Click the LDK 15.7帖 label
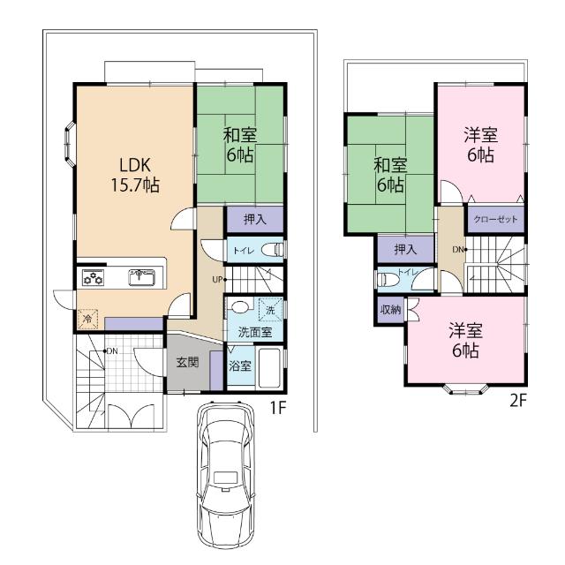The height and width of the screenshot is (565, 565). [135, 175]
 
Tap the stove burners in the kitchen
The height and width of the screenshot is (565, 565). [94, 278]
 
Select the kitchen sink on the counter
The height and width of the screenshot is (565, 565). [141, 277]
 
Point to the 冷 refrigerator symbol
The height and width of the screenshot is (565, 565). [88, 319]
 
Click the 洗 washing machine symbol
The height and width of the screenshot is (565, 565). [271, 310]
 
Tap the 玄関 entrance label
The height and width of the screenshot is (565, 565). [187, 362]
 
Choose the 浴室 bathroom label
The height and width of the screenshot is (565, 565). [240, 366]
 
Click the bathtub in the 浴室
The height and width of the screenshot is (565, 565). [269, 367]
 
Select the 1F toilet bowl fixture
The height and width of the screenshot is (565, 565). [272, 250]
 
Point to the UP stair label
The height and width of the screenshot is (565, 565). [217, 279]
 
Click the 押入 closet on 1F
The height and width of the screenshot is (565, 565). [255, 219]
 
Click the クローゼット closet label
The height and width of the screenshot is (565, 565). [495, 219]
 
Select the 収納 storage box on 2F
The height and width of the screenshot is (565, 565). [390, 310]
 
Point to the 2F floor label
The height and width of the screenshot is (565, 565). [519, 400]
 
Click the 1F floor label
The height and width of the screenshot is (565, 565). [278, 408]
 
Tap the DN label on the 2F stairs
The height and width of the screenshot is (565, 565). [457, 249]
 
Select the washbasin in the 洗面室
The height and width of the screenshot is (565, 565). [238, 307]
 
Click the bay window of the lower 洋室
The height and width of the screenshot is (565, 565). [465, 390]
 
